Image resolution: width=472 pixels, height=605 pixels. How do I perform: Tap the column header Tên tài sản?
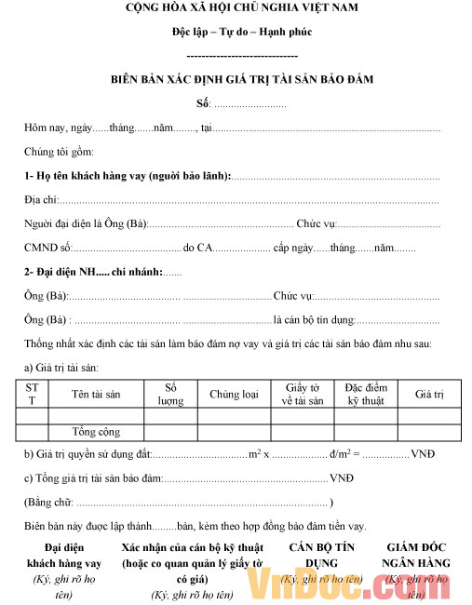click(x=96, y=395)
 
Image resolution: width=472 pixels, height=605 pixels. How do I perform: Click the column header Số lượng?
click(x=170, y=395)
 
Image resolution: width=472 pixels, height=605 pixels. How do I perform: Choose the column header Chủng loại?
click(x=234, y=395)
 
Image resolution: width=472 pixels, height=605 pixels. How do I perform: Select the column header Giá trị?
click(x=429, y=395)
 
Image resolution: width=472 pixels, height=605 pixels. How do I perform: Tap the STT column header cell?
click(x=32, y=395)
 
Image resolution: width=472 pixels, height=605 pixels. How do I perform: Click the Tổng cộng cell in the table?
click(x=96, y=432)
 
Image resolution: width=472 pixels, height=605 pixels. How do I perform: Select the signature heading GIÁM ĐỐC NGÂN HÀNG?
click(x=416, y=557)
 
